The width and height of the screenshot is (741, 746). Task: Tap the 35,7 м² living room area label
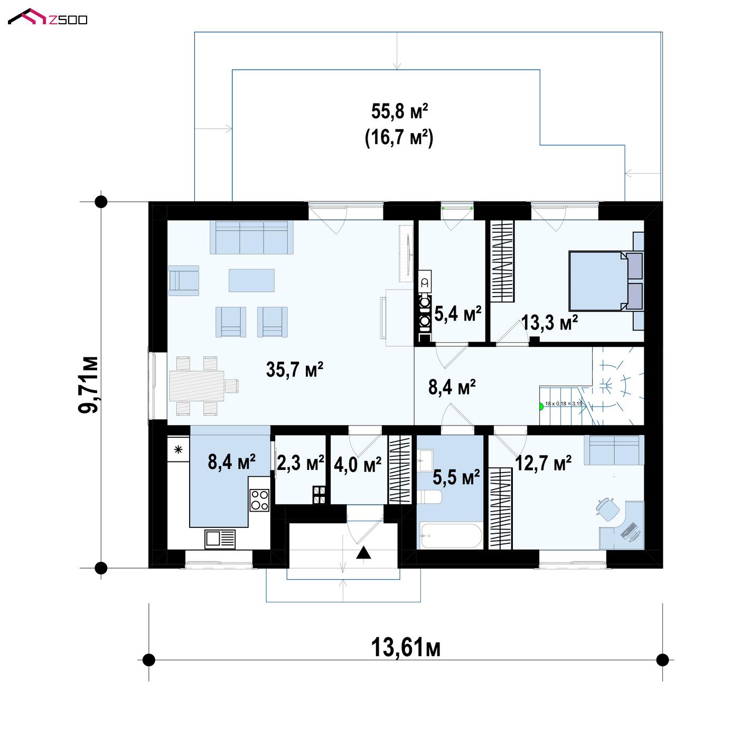[294, 369]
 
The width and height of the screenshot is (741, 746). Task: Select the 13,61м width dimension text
[406, 647]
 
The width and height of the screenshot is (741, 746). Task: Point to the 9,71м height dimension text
[88, 385]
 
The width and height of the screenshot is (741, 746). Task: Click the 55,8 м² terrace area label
[399, 111]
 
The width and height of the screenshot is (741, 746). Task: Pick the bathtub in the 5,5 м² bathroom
[449, 536]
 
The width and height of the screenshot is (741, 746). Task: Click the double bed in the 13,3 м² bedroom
[606, 281]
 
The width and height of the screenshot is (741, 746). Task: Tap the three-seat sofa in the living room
[251, 237]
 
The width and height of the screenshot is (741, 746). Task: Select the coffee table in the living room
[251, 280]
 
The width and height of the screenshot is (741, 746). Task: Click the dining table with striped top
[197, 386]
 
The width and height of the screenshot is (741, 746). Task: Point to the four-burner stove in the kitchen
[259, 500]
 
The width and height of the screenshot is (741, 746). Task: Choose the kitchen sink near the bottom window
[220, 539]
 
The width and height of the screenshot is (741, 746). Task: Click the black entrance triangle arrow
[363, 553]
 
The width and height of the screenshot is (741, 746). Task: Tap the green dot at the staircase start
[540, 407]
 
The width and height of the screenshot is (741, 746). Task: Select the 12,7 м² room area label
[543, 463]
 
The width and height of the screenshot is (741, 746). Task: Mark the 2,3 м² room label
[301, 463]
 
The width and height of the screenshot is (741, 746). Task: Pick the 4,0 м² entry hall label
[358, 465]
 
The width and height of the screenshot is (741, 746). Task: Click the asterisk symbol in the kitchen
[178, 449]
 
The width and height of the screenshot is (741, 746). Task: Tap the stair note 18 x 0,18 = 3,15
[564, 404]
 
